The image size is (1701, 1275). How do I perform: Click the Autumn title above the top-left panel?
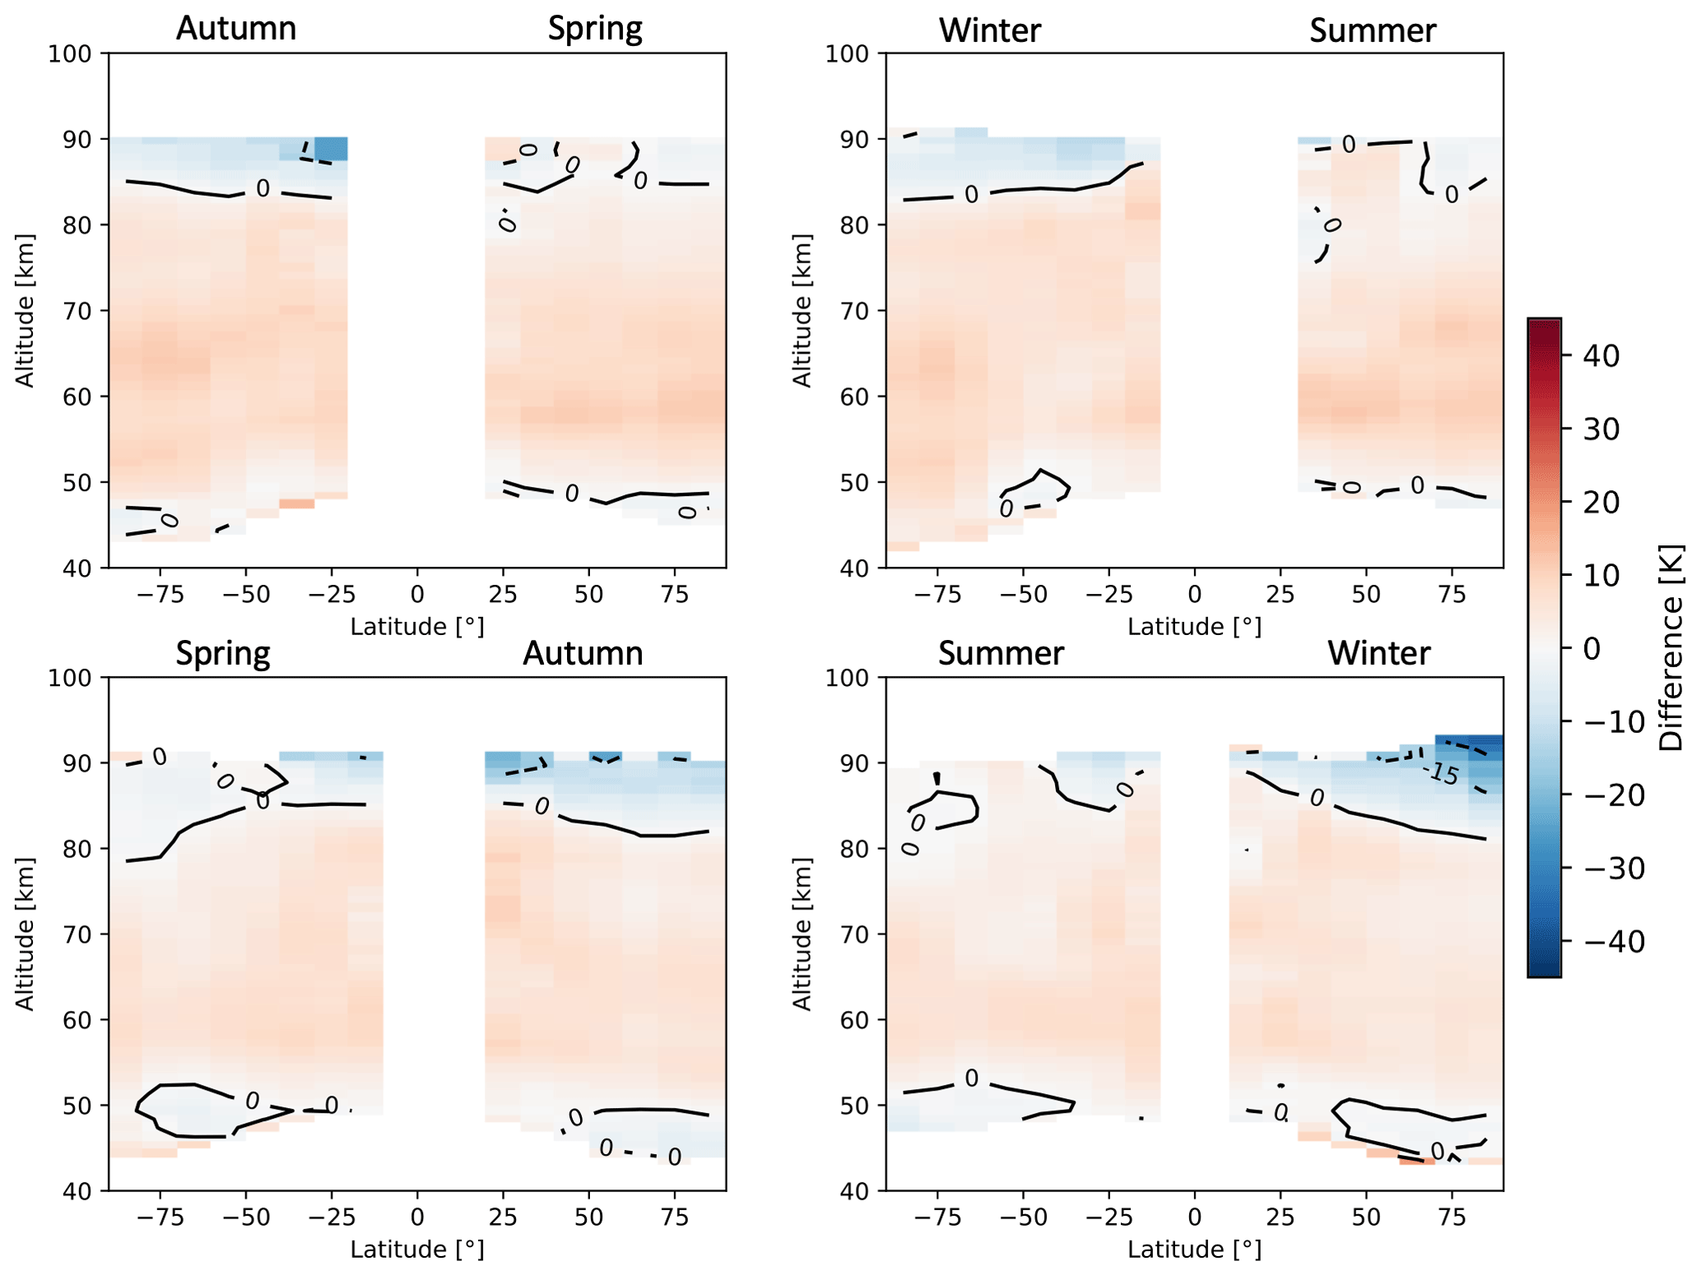point(236,29)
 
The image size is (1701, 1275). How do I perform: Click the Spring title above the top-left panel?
point(595,29)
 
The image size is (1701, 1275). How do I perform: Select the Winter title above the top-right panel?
point(989,31)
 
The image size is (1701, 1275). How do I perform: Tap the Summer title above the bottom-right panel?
point(1001,654)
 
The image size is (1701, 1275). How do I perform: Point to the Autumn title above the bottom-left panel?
point(583,654)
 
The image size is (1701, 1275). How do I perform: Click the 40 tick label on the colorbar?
point(1601,356)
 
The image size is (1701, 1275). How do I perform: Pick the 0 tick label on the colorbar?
point(1592,649)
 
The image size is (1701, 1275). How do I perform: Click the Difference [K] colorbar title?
point(1671,648)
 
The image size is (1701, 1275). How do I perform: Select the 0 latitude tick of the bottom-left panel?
point(417,1217)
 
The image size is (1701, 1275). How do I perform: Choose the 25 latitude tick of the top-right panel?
point(1280,595)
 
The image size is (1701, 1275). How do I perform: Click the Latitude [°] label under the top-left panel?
point(417,628)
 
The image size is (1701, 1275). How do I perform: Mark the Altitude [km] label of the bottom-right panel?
point(802,934)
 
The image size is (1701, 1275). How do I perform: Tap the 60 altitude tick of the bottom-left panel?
point(77,1020)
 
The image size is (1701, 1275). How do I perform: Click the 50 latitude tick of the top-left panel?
point(588,595)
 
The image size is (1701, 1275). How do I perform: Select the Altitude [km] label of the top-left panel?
point(26,311)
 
